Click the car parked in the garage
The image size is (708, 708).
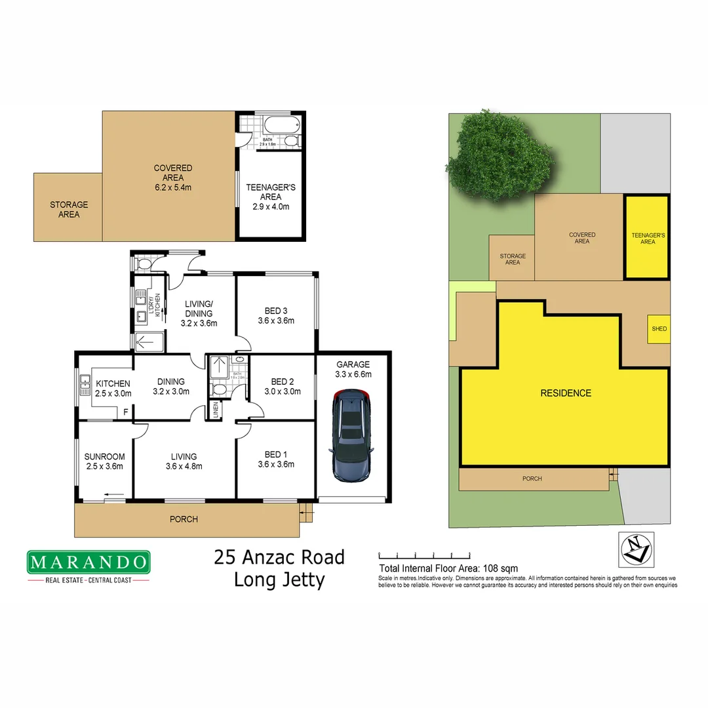[352, 434]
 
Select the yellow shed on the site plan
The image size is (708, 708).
[659, 329]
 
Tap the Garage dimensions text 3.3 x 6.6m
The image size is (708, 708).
[353, 374]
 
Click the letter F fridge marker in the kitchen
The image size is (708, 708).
[126, 412]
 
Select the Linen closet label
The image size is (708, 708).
[215, 411]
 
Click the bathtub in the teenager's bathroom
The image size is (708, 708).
[280, 124]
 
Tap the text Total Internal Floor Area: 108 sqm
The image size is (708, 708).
[448, 568]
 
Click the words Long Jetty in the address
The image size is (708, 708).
[279, 580]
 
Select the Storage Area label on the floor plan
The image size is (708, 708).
[69, 209]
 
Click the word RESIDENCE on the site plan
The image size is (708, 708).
[565, 393]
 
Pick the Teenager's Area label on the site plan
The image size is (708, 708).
[648, 238]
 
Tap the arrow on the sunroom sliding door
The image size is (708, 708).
[114, 495]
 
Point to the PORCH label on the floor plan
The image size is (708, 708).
[184, 519]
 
